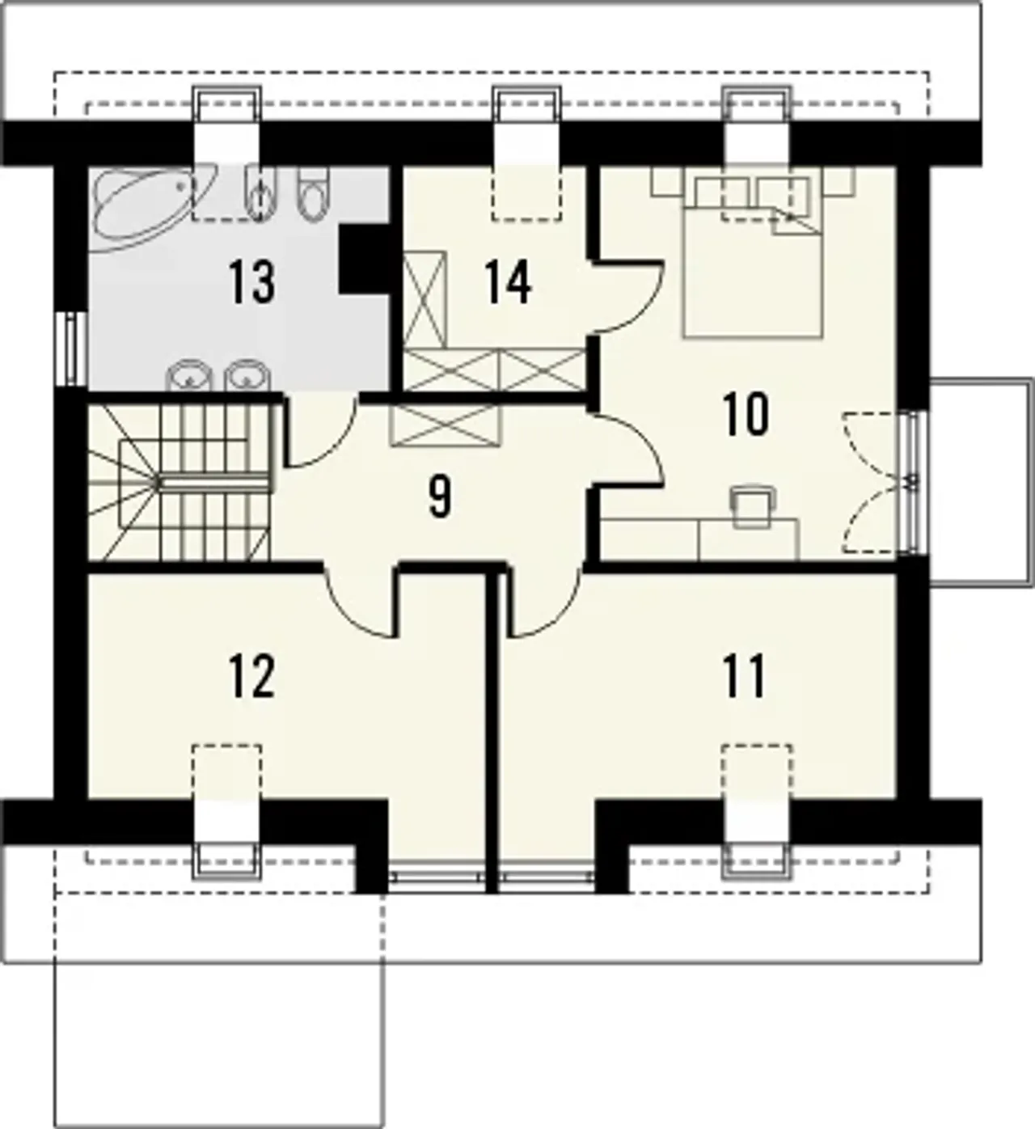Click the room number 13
click(252, 281)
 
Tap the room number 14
click(509, 283)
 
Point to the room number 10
click(746, 415)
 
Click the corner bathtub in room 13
click(153, 208)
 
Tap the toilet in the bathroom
click(313, 195)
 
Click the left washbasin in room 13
click(188, 375)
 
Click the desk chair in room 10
click(753, 507)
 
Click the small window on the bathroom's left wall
click(72, 349)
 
